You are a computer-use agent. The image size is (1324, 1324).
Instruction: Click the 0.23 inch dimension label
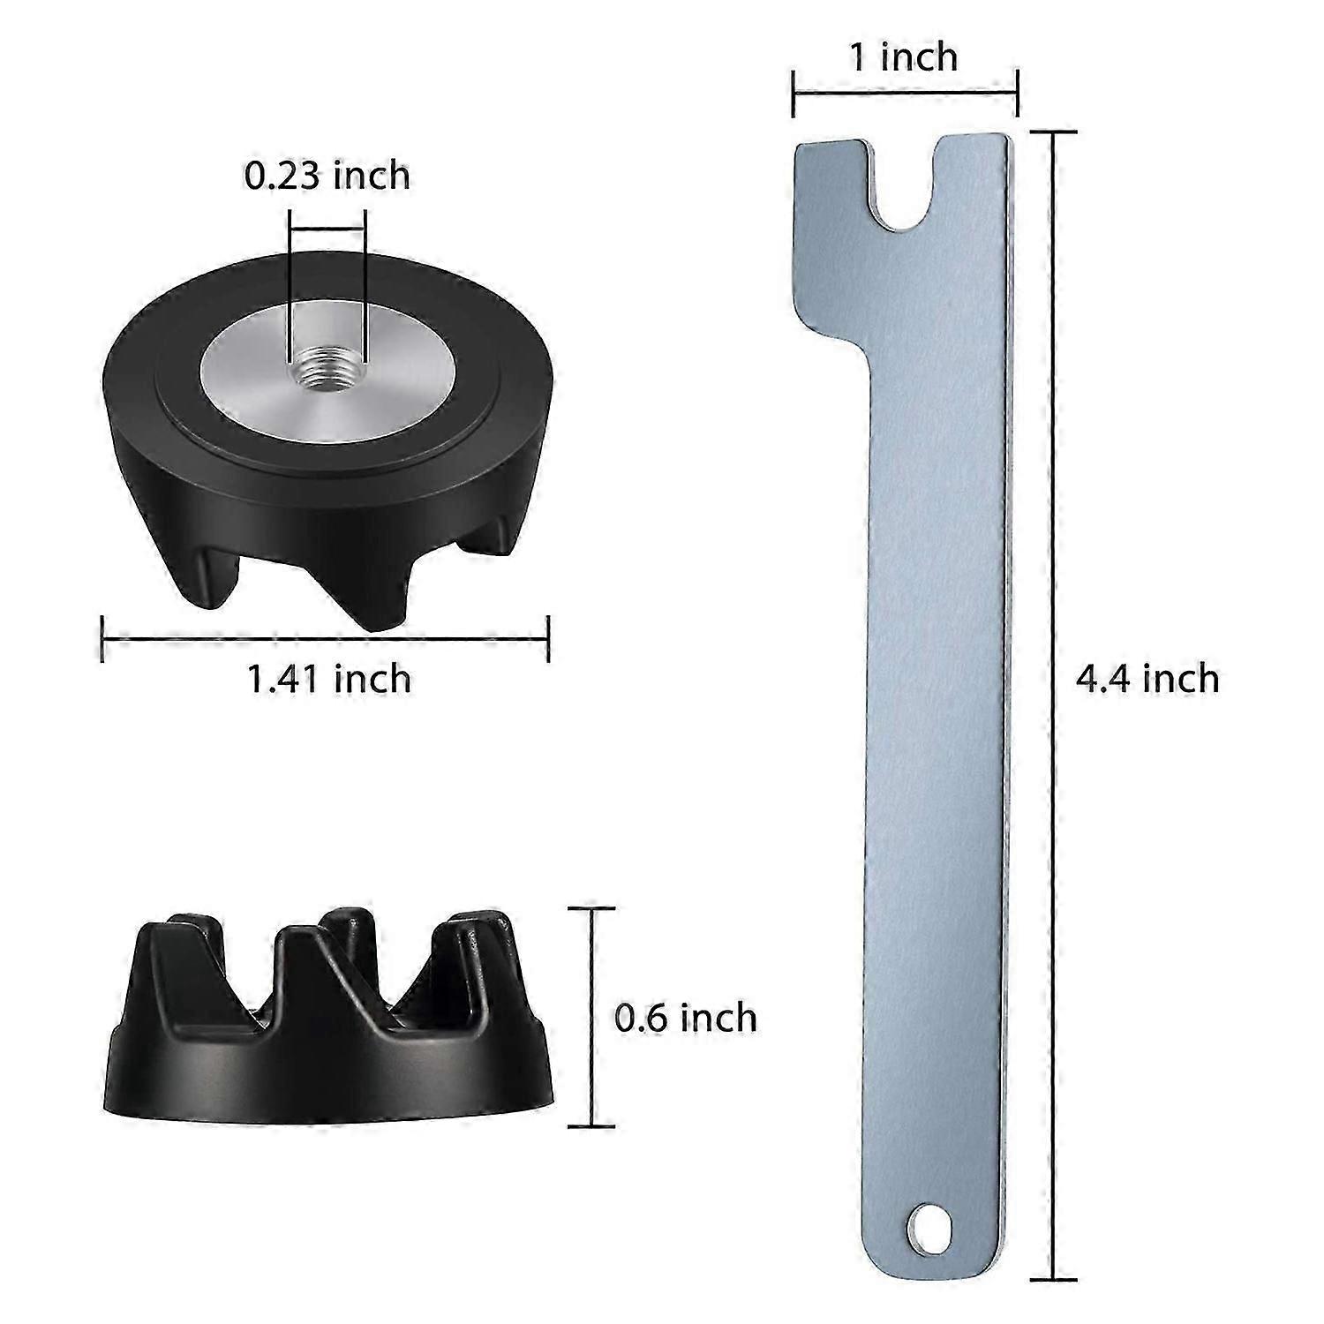pyautogui.click(x=327, y=176)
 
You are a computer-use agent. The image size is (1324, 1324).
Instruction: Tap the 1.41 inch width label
pyautogui.click(x=329, y=679)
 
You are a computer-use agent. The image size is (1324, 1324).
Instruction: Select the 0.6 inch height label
pyautogui.click(x=686, y=1018)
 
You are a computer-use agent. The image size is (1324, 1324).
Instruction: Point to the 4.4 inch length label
pyautogui.click(x=1147, y=679)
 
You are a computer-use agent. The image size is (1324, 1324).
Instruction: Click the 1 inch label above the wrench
pyautogui.click(x=904, y=57)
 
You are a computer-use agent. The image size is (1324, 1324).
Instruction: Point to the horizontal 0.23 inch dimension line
pyautogui.click(x=327, y=229)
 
